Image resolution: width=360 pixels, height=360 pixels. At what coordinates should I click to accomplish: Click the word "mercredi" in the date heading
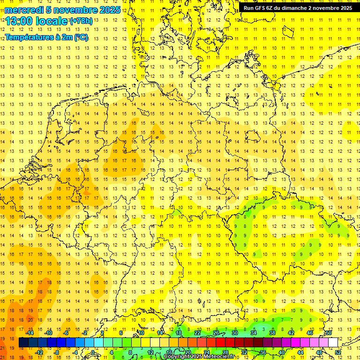(24, 10)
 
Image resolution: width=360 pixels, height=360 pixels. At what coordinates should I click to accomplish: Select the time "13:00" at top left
(22, 21)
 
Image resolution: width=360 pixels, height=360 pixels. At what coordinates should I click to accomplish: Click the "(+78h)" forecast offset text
(81, 21)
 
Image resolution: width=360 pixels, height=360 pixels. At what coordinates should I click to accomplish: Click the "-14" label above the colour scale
(30, 333)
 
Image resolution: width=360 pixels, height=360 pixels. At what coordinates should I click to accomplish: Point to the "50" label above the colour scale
(329, 333)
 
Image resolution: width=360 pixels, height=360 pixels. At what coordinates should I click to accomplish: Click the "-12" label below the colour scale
(39, 352)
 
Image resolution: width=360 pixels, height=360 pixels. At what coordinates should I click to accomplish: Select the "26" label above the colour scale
(216, 333)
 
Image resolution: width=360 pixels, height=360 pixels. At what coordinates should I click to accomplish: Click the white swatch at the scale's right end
(333, 343)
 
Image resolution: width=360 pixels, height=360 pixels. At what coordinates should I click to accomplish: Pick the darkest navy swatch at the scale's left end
(23, 343)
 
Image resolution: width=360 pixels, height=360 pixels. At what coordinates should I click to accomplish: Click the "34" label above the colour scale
(253, 333)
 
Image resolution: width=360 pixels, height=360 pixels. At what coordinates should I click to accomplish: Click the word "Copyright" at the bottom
(177, 357)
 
